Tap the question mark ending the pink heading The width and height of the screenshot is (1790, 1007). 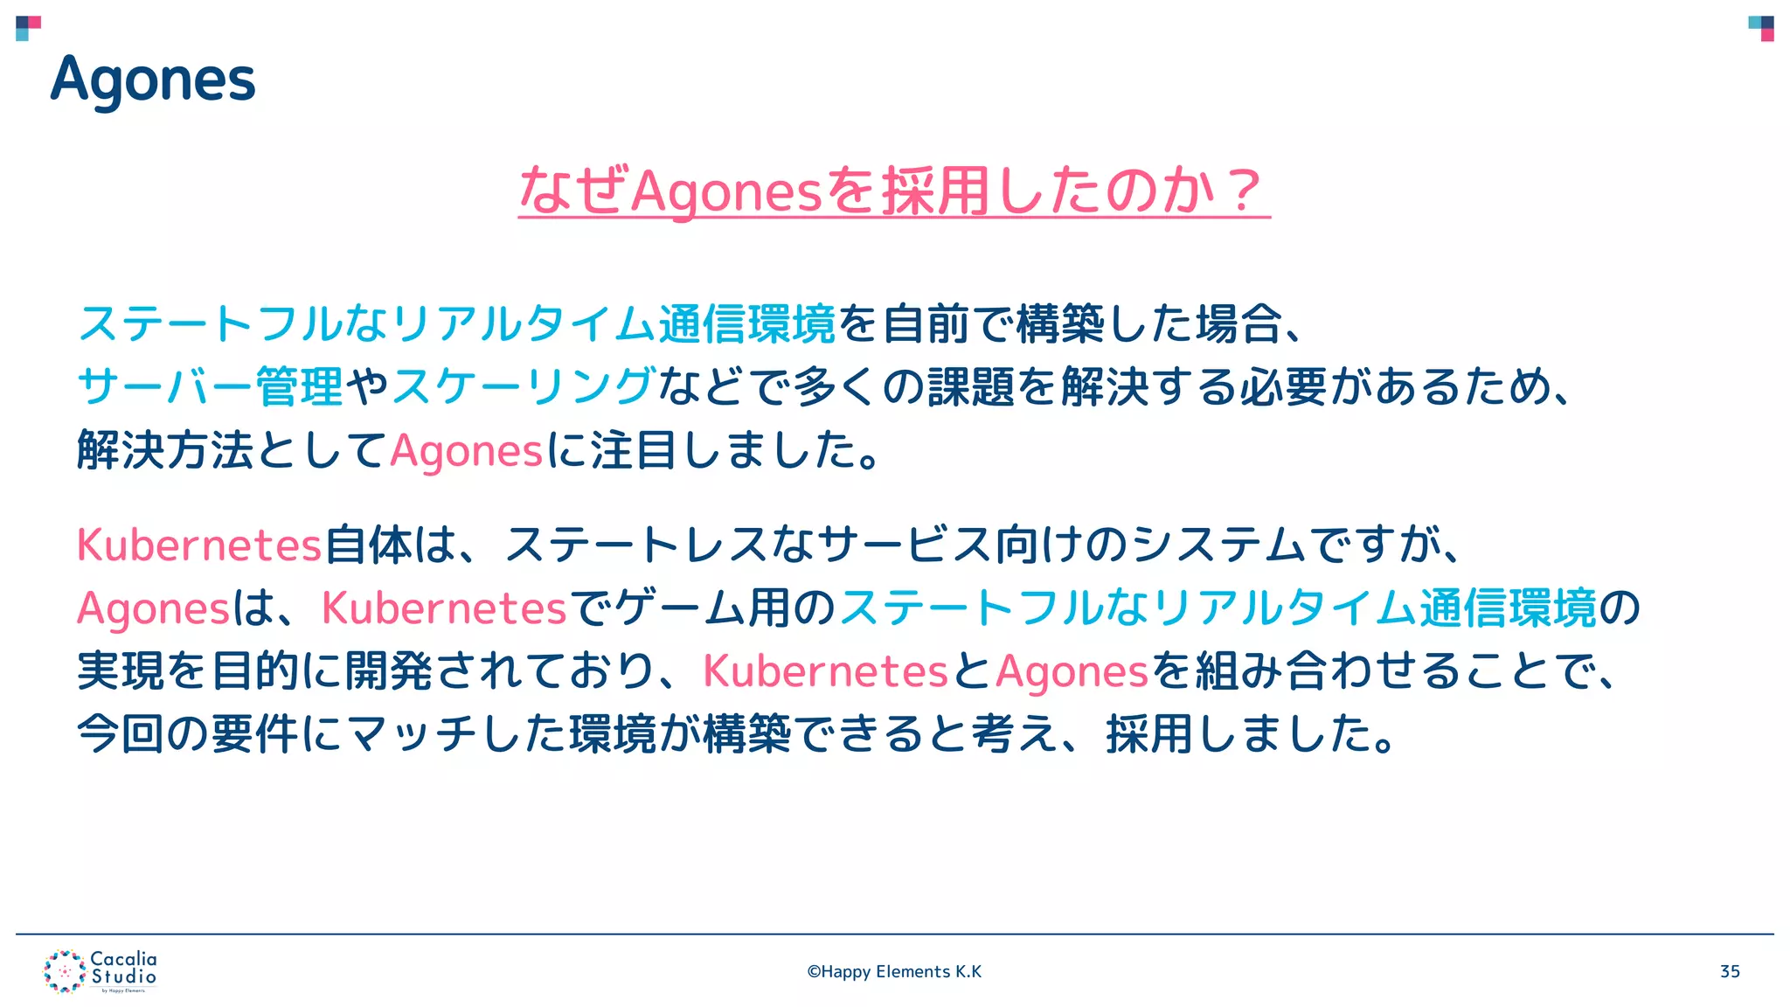[1242, 190]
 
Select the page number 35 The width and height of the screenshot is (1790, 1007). [1729, 971]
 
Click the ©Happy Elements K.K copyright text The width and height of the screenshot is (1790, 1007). [894, 971]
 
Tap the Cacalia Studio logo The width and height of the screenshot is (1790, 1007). [101, 971]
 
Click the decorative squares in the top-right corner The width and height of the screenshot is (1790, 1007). [1760, 28]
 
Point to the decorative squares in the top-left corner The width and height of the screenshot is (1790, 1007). [28, 28]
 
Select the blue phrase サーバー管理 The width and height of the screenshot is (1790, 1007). [210, 386]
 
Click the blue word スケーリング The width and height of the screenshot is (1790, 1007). [524, 386]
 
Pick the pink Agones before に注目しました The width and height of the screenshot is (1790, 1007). [467, 451]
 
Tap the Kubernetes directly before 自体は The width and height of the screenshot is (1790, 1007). [199, 545]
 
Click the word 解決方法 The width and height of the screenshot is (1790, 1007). [165, 451]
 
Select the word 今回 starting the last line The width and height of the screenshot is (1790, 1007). [121, 733]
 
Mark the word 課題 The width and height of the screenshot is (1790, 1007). [971, 386]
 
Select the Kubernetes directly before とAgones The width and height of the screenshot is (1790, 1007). [825, 671]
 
